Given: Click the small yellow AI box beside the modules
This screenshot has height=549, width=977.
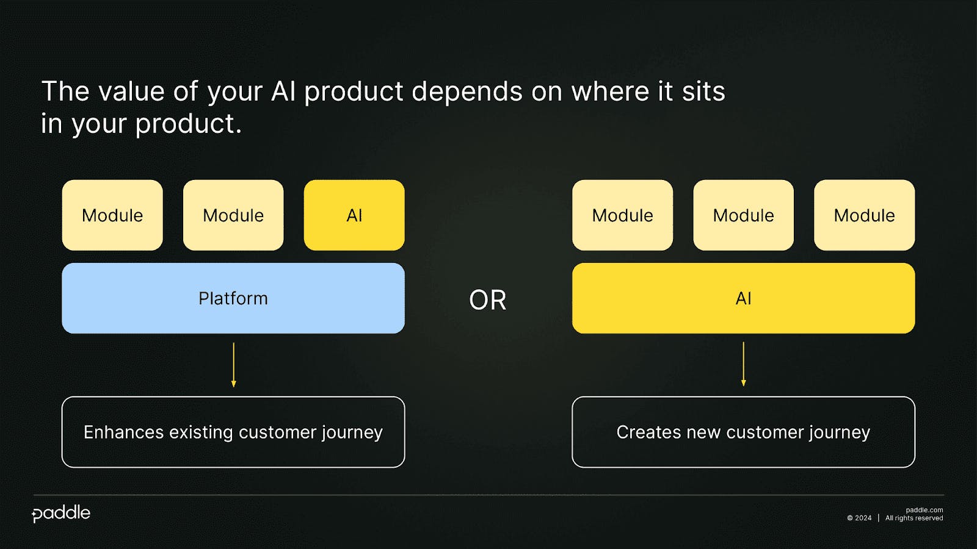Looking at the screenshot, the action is pos(354,215).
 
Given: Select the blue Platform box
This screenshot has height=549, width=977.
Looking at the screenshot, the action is pos(233,298).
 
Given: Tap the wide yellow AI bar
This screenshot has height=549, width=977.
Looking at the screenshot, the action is pos(744,298).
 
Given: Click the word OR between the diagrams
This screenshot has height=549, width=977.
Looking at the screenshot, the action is pos(488,300).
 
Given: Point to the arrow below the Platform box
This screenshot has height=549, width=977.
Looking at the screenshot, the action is pos(234,365).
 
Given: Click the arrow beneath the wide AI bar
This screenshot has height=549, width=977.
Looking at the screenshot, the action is pos(744,364).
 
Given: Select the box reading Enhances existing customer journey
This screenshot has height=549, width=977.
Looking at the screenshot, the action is pos(233,432).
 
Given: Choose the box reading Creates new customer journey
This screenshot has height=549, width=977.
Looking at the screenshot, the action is pos(744,432).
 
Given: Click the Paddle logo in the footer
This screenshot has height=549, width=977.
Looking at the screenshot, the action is pos(61,514).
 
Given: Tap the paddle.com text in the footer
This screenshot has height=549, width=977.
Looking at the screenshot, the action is pos(924,510).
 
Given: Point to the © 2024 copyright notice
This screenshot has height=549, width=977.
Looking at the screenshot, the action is pos(859,518).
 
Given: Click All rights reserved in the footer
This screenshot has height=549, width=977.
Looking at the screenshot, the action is pos(914,518).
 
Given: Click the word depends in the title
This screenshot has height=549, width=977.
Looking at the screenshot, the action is pos(467,92).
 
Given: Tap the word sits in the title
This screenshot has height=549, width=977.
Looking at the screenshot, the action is pos(703,91).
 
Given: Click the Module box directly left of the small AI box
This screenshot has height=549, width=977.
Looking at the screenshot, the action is pos(233,215).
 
